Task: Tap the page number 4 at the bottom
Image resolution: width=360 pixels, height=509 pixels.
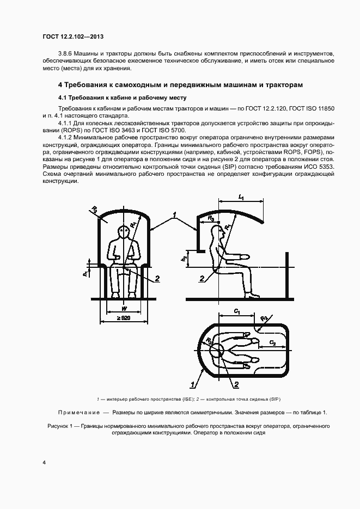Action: coord(44,463)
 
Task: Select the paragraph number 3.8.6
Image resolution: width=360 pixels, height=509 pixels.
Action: coord(66,53)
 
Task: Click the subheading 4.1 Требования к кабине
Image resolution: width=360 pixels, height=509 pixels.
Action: coord(122,98)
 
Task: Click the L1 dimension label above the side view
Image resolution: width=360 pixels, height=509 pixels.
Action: coord(241,198)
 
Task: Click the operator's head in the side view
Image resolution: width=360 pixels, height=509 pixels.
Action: coord(222,234)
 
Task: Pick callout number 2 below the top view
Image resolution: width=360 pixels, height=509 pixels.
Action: coord(236,384)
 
